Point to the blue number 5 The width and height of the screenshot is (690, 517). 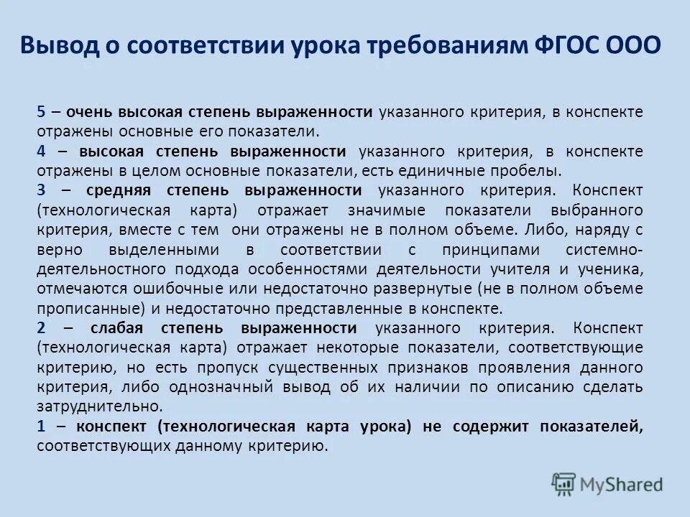[x=41, y=113]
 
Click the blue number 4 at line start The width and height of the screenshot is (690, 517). [x=41, y=152]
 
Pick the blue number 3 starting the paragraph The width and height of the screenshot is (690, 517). [x=41, y=190]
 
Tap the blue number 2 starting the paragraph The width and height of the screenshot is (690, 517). [x=41, y=328]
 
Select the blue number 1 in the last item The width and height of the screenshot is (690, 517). [x=41, y=426]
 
